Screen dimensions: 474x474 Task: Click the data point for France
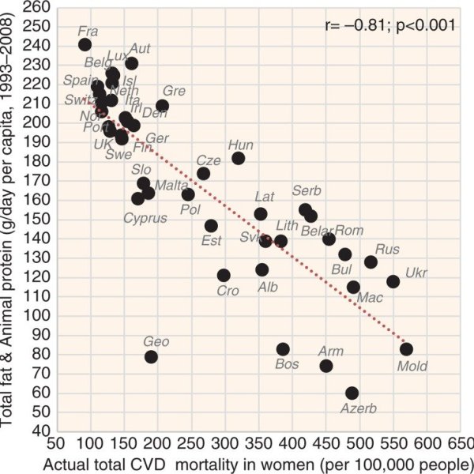pos(85,45)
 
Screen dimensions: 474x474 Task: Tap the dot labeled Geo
pos(151,357)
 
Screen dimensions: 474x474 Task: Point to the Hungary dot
pos(238,158)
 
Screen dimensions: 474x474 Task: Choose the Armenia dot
pos(326,366)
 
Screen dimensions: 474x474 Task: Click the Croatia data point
pos(224,276)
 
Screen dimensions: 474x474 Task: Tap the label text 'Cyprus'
pos(145,217)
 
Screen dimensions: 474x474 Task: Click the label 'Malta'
pos(171,186)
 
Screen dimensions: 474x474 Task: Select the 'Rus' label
pos(387,249)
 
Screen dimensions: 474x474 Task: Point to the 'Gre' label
pos(174,92)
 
